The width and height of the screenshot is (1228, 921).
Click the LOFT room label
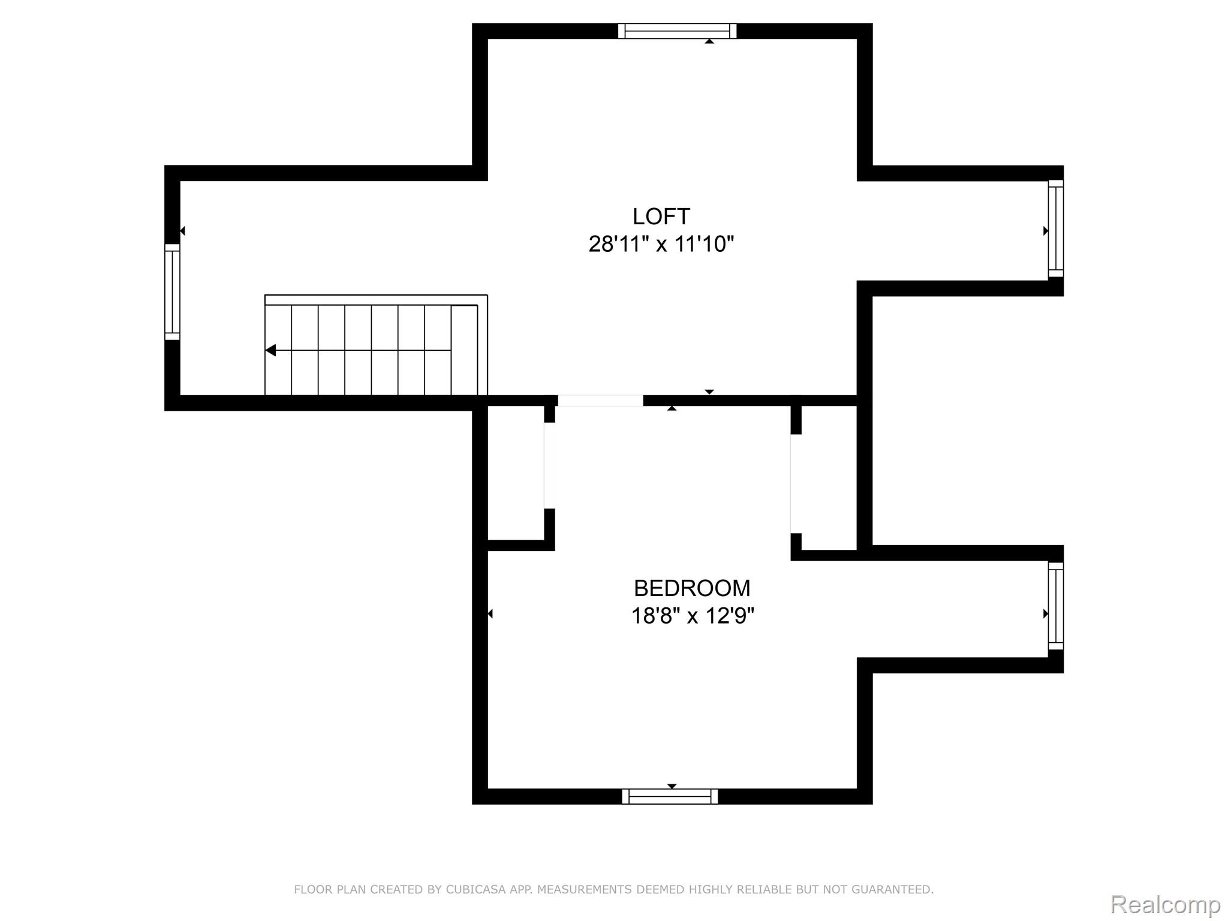661,216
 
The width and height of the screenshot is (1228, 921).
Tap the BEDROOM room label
692,588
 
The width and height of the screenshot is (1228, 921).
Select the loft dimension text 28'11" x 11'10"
661,244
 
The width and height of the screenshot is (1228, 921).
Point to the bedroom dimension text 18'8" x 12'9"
693,616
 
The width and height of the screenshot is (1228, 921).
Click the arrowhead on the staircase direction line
271,350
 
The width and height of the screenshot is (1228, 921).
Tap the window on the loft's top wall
678,31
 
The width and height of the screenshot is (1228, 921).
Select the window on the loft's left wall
172,292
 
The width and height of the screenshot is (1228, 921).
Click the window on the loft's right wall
1056,229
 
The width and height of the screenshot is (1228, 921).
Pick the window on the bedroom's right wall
1056,606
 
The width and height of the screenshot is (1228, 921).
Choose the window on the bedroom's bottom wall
670,796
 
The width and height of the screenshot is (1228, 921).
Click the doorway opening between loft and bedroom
600,401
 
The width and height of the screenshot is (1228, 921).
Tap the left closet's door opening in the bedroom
549,466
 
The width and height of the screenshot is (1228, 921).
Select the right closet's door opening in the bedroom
796,483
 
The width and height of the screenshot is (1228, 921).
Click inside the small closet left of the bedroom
516,473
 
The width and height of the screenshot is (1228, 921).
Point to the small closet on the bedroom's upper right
829,478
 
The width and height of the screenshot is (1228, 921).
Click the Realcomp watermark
1166,905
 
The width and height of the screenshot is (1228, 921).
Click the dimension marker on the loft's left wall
182,231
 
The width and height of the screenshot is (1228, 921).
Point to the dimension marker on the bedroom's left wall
490,613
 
